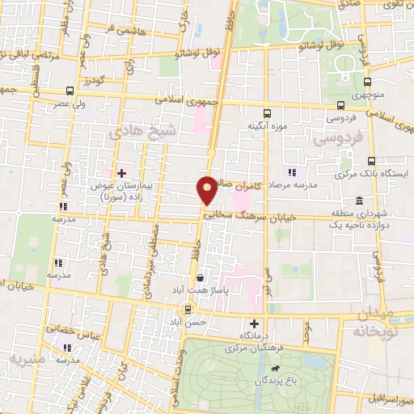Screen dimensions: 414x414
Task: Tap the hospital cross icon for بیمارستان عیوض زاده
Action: pyautogui.click(x=122, y=172)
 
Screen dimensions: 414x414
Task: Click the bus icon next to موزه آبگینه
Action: pyautogui.click(x=268, y=113)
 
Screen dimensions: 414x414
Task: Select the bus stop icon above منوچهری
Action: pyautogui.click(x=368, y=82)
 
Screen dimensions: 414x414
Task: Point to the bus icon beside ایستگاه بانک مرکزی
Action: pyautogui.click(x=371, y=161)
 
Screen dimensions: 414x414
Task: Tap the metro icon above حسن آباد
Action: pyautogui.click(x=188, y=308)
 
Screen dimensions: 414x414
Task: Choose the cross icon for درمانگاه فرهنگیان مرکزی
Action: pyautogui.click(x=255, y=323)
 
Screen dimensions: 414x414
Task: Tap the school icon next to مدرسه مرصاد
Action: pyautogui.click(x=292, y=172)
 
